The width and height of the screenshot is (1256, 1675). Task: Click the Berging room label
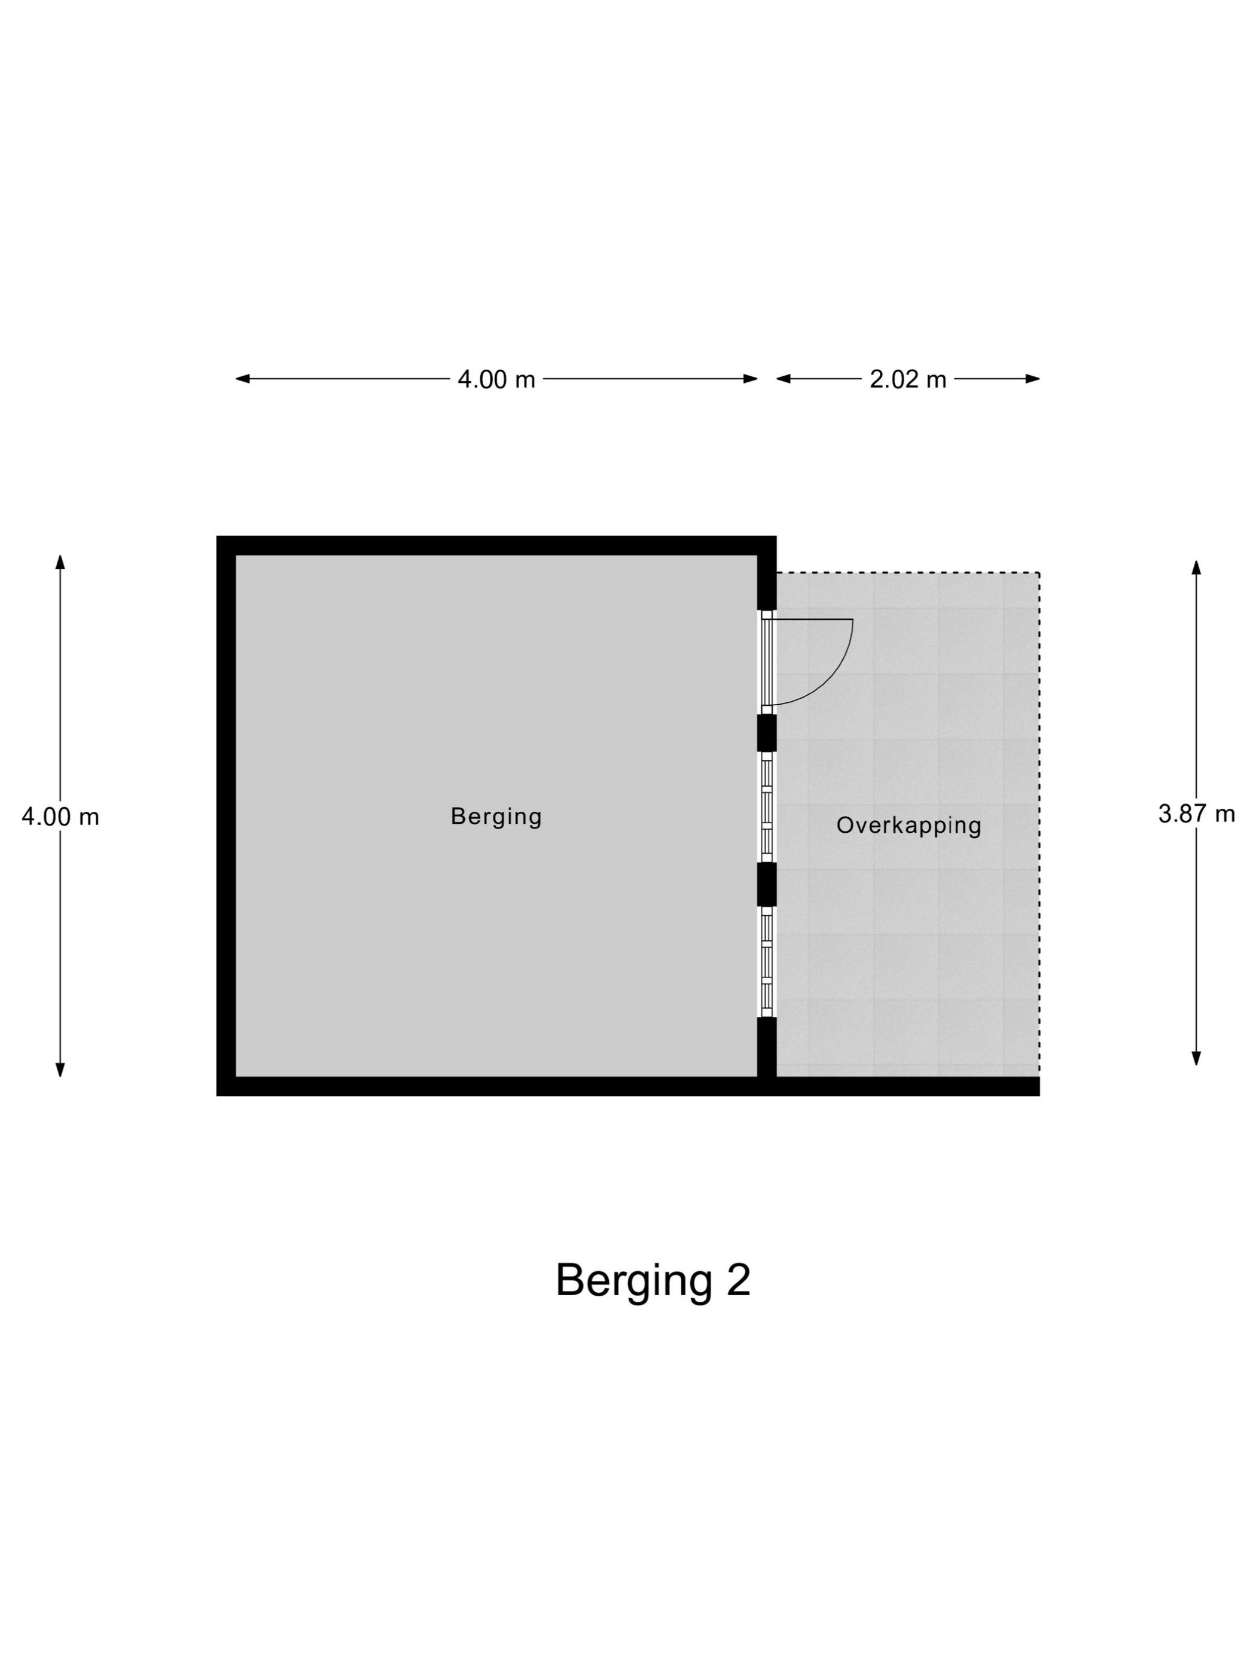point(496,817)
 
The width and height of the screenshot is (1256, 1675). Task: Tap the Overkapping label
point(909,826)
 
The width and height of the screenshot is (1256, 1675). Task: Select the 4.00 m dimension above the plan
point(496,379)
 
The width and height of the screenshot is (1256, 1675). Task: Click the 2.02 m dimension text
point(908,379)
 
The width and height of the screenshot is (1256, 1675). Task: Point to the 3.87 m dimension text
point(1196,814)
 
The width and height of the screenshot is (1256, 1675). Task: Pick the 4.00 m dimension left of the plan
point(60,817)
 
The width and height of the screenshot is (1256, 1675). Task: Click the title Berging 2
point(653,1280)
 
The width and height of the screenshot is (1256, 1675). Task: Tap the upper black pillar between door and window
point(767,732)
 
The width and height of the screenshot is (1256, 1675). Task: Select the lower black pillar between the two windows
point(767,884)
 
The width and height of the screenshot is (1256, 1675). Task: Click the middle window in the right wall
point(767,807)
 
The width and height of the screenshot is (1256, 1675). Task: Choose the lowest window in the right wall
point(767,962)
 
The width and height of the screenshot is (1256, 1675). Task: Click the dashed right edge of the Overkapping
point(1039,824)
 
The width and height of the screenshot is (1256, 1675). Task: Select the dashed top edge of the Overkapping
point(908,572)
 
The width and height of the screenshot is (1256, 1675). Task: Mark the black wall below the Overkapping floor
point(908,1086)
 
